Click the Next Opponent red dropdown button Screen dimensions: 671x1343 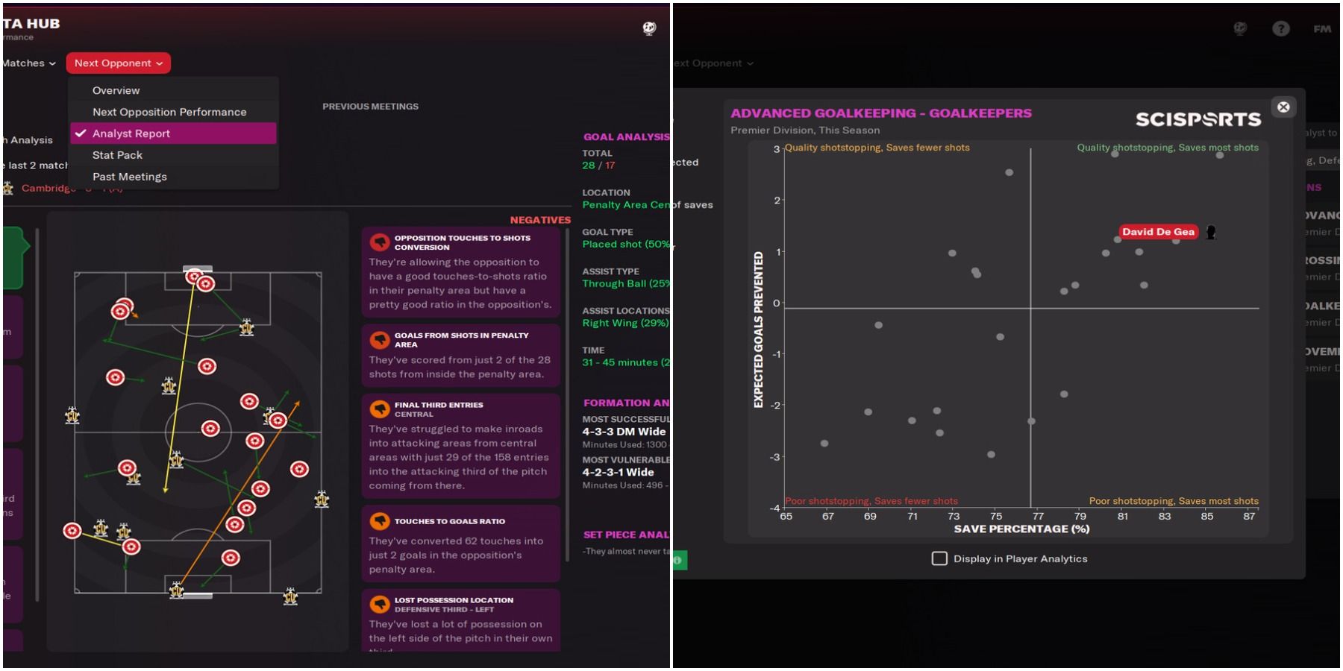click(x=118, y=63)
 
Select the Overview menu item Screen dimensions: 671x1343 click(x=116, y=90)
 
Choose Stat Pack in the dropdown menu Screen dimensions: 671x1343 click(x=117, y=155)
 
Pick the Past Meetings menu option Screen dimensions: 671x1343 click(x=129, y=177)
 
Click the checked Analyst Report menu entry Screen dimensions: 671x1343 click(x=131, y=133)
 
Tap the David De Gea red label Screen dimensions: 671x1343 click(x=1158, y=232)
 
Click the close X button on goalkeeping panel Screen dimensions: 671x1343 click(x=1283, y=107)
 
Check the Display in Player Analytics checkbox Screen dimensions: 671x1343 click(x=939, y=558)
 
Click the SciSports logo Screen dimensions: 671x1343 click(x=1198, y=119)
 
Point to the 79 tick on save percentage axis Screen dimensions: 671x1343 click(x=1080, y=516)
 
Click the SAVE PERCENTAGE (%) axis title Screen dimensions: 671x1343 click(x=1021, y=529)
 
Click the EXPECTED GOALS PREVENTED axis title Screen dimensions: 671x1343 click(x=759, y=330)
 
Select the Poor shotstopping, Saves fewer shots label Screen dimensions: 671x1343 click(x=871, y=501)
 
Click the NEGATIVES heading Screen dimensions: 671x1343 click(x=539, y=220)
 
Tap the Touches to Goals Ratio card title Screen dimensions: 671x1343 click(x=449, y=521)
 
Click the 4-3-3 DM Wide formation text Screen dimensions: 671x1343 click(x=624, y=432)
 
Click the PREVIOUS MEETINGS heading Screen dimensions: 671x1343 click(x=370, y=107)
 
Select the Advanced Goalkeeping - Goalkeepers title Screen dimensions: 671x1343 click(x=880, y=113)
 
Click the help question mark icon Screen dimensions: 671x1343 click(x=1280, y=29)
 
